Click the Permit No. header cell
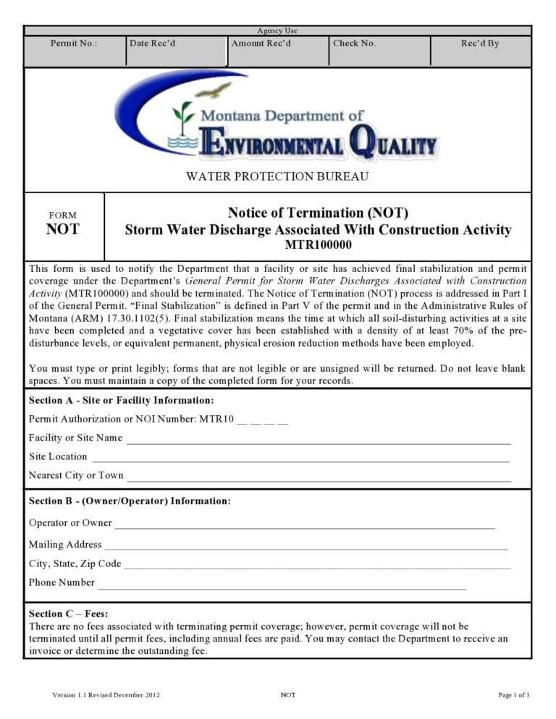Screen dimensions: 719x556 click(x=75, y=43)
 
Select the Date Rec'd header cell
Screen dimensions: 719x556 click(x=153, y=43)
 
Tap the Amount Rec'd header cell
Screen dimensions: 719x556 click(x=261, y=43)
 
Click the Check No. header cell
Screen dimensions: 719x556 click(x=355, y=43)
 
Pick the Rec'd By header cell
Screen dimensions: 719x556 click(x=480, y=43)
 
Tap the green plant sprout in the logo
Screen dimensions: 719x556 click(x=184, y=118)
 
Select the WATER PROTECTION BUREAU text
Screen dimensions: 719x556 click(x=277, y=176)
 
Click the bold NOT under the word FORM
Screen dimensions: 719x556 click(x=63, y=229)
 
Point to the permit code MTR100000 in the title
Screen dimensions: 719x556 click(x=318, y=245)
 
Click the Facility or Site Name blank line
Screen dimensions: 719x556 click(x=319, y=440)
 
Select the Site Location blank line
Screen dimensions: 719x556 click(x=300, y=459)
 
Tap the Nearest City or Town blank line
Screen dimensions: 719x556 click(x=319, y=477)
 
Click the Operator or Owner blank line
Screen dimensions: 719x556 click(x=304, y=525)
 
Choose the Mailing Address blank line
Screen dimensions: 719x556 click(x=305, y=547)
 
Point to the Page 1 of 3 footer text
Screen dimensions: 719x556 click(x=514, y=695)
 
